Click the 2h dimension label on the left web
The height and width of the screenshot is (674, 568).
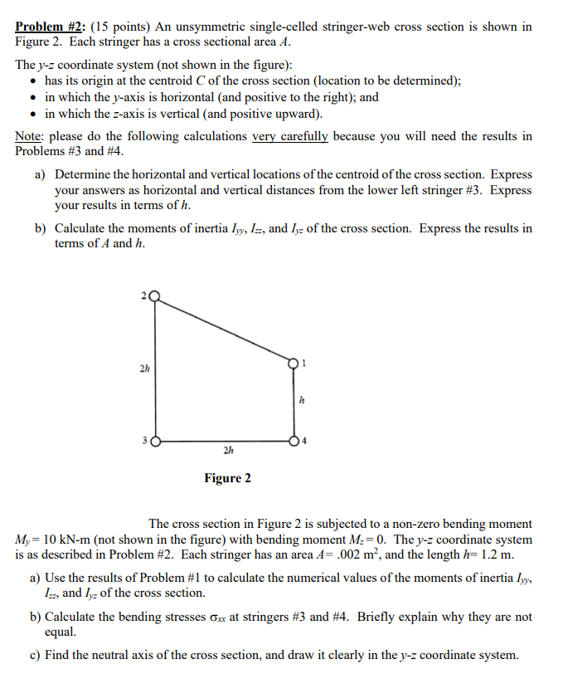[x=143, y=368]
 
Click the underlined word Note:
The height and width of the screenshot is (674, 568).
[x=31, y=136]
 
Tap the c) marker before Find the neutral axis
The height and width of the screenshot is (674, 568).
[x=35, y=655]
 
